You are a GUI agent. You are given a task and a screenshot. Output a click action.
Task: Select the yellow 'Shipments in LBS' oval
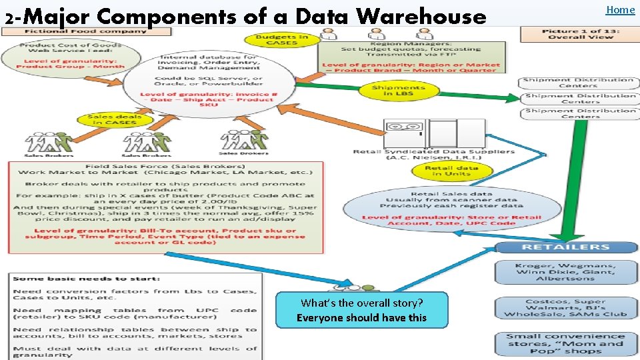pyautogui.click(x=399, y=91)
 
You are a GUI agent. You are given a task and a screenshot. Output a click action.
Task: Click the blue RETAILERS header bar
pyautogui.click(x=566, y=247)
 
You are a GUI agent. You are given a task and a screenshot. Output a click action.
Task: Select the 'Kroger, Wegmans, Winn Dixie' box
pyautogui.click(x=566, y=271)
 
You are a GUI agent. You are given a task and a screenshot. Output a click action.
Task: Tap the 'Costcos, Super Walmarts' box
pyautogui.click(x=566, y=308)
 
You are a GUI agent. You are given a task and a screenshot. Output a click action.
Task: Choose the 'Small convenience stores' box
pyautogui.click(x=566, y=343)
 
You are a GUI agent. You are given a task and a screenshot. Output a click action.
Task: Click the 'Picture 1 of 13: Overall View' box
pyautogui.click(x=579, y=34)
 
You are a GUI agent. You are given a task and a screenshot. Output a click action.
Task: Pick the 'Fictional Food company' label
pyautogui.click(x=85, y=31)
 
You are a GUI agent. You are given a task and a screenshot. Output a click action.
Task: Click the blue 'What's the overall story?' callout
pyautogui.click(x=361, y=310)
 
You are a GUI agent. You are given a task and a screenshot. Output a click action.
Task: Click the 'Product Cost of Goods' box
pyautogui.click(x=71, y=56)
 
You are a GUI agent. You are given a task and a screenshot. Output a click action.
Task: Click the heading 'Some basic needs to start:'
pyautogui.click(x=86, y=279)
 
